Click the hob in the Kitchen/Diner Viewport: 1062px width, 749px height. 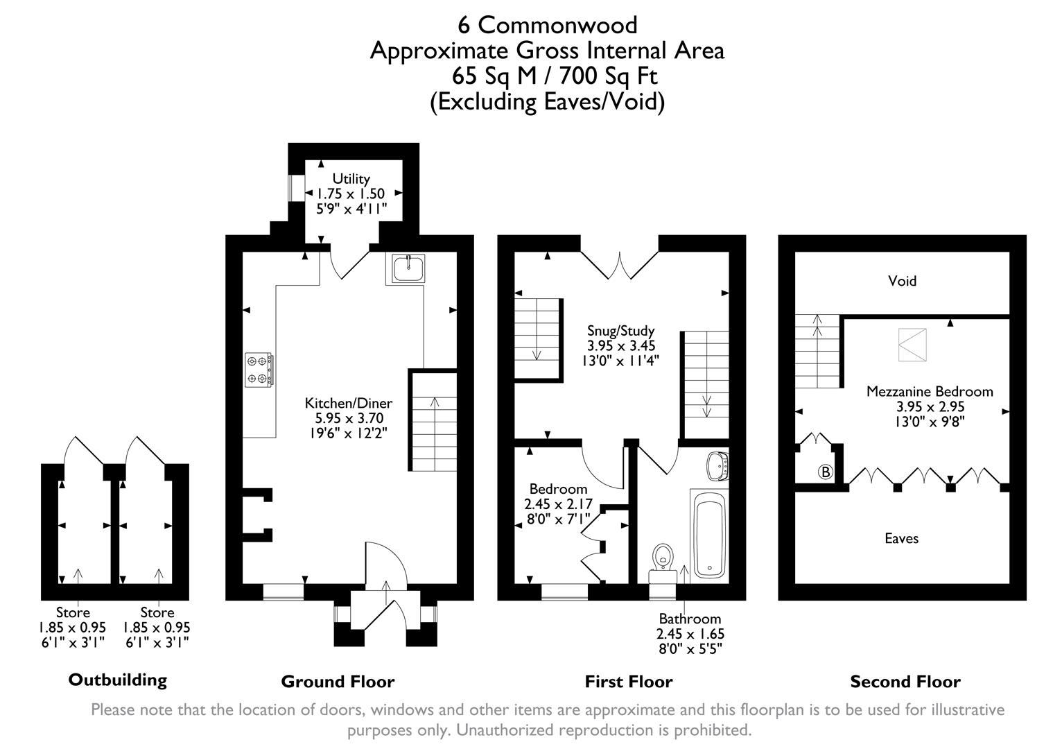point(259,369)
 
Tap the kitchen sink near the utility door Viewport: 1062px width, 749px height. point(408,268)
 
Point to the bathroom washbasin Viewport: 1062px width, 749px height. point(716,465)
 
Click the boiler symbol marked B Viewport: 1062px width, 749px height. point(825,472)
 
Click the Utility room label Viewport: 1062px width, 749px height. point(351,178)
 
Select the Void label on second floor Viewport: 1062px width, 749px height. point(902,281)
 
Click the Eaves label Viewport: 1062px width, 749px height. point(901,538)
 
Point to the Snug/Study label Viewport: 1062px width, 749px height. point(620,331)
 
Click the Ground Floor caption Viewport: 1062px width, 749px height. point(338,682)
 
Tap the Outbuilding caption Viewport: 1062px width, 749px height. point(118,680)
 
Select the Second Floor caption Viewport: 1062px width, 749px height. point(905,682)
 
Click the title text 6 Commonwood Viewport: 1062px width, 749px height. point(547,25)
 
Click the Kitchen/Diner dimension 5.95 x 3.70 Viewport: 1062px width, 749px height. point(349,418)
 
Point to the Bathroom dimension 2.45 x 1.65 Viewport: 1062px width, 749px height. point(690,634)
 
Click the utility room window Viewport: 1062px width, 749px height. point(296,187)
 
